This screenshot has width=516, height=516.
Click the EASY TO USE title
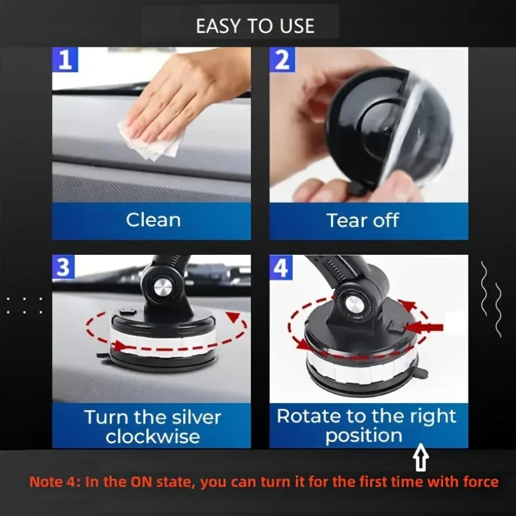pyautogui.click(x=255, y=26)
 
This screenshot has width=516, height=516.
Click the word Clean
pyautogui.click(x=153, y=220)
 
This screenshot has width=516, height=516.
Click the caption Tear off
pyautogui.click(x=363, y=221)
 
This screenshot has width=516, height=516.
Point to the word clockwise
pyautogui.click(x=153, y=437)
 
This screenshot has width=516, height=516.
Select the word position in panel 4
pyautogui.click(x=364, y=436)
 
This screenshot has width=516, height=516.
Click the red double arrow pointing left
pyautogui.click(x=425, y=327)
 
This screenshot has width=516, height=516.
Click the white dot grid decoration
pyautogui.click(x=25, y=305)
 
